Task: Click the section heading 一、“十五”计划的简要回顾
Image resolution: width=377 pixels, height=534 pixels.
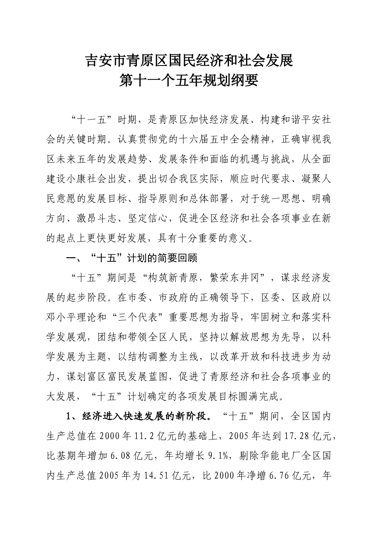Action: [x=131, y=258]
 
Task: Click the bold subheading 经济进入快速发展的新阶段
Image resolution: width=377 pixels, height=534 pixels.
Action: [x=146, y=416]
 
